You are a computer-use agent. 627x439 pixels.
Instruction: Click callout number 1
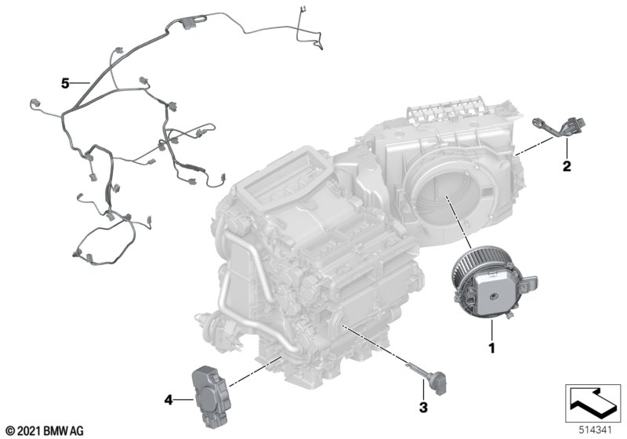[492, 348]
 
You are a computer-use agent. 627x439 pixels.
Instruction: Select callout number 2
[567, 165]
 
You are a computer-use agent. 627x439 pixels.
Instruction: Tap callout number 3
[423, 407]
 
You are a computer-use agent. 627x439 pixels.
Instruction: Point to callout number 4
[169, 400]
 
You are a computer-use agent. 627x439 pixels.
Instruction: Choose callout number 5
[65, 84]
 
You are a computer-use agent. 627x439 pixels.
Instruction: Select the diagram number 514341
[596, 430]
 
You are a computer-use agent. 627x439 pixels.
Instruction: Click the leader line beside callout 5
[81, 83]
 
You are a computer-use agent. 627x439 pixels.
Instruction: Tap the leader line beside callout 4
[184, 399]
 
